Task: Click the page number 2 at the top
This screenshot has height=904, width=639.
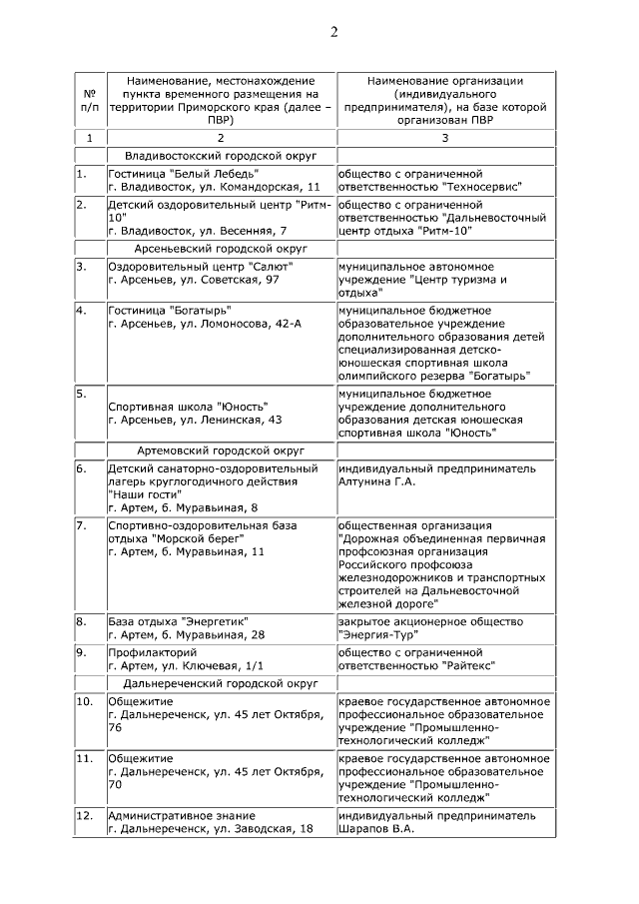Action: pyautogui.click(x=334, y=32)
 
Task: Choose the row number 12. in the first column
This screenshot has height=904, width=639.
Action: pyautogui.click(x=84, y=815)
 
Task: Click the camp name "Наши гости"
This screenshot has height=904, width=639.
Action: pyautogui.click(x=144, y=494)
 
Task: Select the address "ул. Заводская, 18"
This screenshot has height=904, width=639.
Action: pyautogui.click(x=238, y=828)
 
